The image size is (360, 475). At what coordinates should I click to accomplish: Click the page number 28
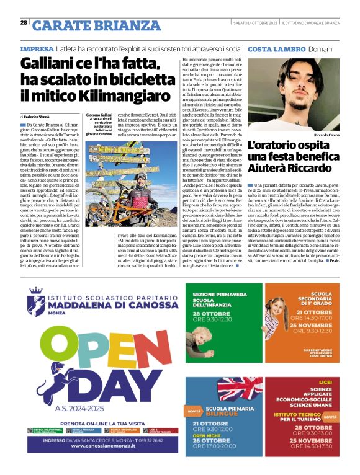24,23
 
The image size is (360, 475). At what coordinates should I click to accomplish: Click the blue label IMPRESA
36,48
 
